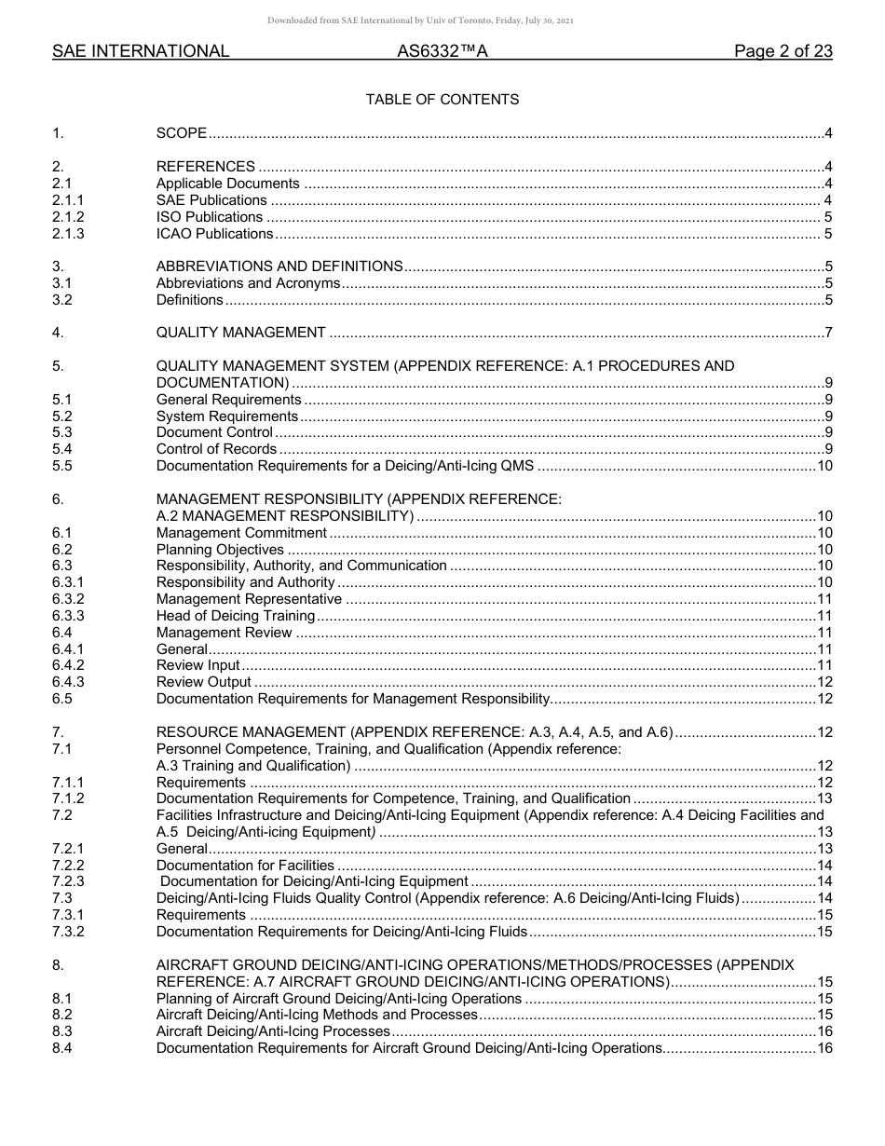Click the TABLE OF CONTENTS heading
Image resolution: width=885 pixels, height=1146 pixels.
pyautogui.click(x=442, y=100)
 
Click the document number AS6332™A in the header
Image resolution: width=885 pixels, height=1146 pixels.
pyautogui.click(x=442, y=52)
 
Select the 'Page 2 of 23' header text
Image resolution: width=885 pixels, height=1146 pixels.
pyautogui.click(x=783, y=52)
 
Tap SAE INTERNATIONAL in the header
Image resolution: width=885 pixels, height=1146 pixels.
pyautogui.click(x=141, y=52)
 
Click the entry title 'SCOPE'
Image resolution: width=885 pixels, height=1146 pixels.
pyautogui.click(x=182, y=134)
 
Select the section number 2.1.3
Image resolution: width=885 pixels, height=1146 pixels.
pyautogui.click(x=68, y=234)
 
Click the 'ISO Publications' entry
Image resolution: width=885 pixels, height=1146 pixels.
pyautogui.click(x=210, y=217)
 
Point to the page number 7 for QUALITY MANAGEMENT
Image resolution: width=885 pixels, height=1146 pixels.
pyautogui.click(x=828, y=333)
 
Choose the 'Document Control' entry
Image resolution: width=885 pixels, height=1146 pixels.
pyautogui.click(x=214, y=432)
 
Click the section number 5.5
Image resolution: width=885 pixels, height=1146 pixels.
pyautogui.click(x=62, y=466)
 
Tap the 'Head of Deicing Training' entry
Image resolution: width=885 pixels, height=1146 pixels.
pyautogui.click(x=236, y=616)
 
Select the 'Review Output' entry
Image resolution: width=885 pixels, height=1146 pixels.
pyautogui.click(x=203, y=682)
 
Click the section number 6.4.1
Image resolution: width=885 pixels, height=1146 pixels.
pyautogui.click(x=68, y=649)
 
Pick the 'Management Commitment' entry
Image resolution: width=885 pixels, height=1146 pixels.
pyautogui.click(x=241, y=533)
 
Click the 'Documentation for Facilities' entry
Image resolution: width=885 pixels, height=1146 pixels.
pyautogui.click(x=245, y=866)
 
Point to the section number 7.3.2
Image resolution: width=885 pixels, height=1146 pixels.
pyautogui.click(x=68, y=932)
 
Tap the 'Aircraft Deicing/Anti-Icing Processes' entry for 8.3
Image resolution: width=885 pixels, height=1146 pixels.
pyautogui.click(x=273, y=1031)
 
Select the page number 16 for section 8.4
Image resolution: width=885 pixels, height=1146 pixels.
pyautogui.click(x=824, y=1048)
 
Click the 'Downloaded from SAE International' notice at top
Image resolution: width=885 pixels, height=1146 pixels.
pyautogui.click(x=420, y=20)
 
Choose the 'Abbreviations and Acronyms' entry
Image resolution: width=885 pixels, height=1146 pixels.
pyautogui.click(x=248, y=283)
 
